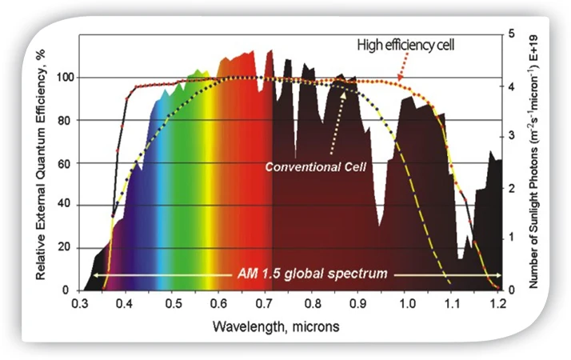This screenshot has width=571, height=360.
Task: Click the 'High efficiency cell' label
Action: [405, 45]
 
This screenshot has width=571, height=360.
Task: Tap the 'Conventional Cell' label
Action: [315, 167]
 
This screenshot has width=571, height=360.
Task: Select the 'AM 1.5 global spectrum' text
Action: [313, 274]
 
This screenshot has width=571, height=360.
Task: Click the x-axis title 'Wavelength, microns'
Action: [276, 326]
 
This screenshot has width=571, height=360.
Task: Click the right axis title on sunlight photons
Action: [533, 162]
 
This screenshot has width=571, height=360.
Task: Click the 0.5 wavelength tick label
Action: [174, 303]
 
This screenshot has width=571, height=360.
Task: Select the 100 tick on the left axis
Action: [66, 78]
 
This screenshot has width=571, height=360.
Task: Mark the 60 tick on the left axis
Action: [64, 164]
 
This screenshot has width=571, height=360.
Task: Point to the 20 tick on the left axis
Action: [64, 247]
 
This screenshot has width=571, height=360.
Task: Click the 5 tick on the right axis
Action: [512, 34]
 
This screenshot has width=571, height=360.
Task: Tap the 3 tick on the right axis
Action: [512, 136]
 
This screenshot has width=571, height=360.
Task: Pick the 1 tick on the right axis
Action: [512, 238]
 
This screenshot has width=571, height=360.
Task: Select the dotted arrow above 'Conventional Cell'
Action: [337, 122]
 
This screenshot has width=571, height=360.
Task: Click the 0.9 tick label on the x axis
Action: [358, 303]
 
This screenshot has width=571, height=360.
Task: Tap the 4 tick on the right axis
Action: [512, 86]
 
